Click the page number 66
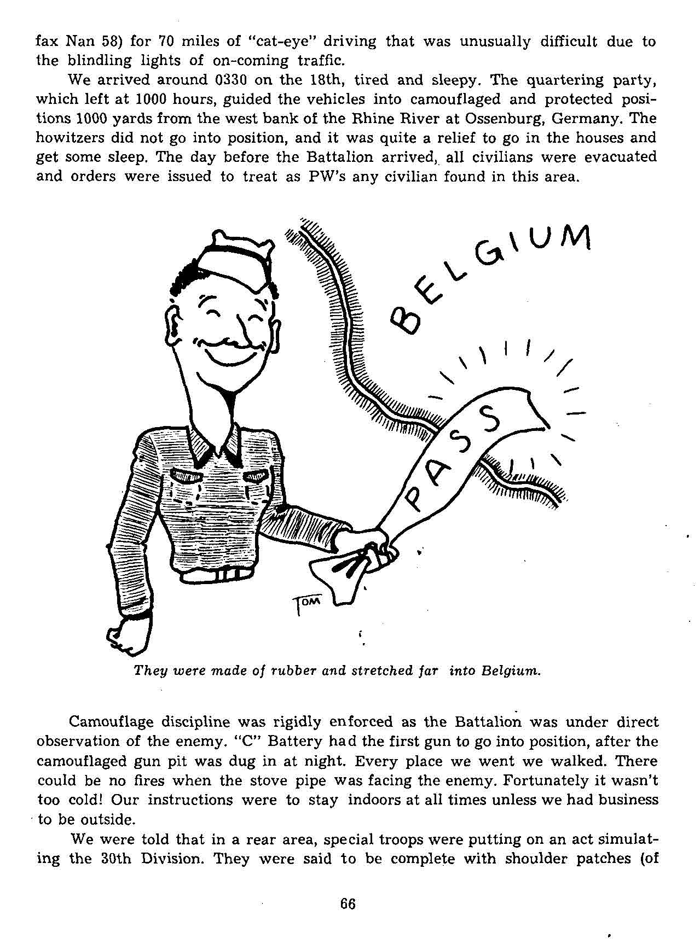click(x=348, y=903)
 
